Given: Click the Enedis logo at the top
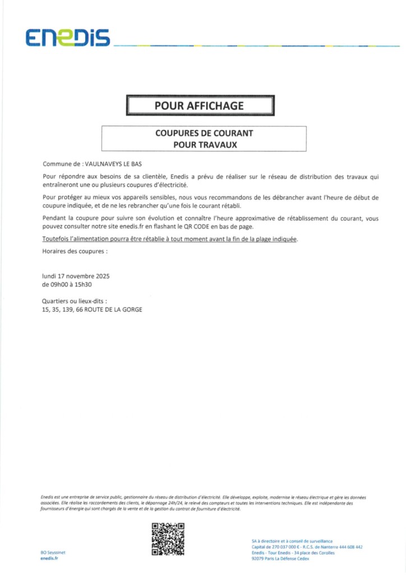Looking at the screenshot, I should [68, 38].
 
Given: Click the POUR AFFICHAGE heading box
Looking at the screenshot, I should [200, 106].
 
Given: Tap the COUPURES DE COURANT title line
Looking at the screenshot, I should [204, 134].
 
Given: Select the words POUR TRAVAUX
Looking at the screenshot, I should [204, 144].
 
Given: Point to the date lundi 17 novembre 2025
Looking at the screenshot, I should [76, 276].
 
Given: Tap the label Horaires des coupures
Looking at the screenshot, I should [75, 251].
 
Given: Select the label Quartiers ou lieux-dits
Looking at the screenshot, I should [75, 301].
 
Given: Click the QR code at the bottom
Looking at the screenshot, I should [168, 539].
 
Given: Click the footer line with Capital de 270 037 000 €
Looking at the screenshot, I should [307, 546].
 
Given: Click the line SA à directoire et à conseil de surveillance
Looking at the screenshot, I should [292, 540].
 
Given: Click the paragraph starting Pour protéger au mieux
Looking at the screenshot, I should [211, 202].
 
